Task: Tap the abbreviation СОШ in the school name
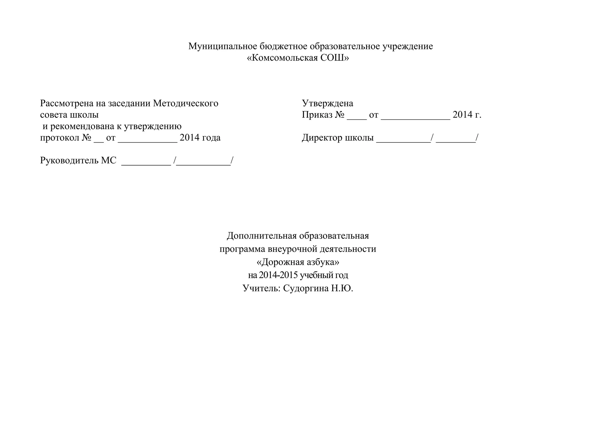(334, 58)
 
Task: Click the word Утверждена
(327, 103)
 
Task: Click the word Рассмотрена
(67, 103)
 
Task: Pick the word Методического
(185, 103)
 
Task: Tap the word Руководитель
(69, 160)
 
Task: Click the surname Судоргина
(306, 288)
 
